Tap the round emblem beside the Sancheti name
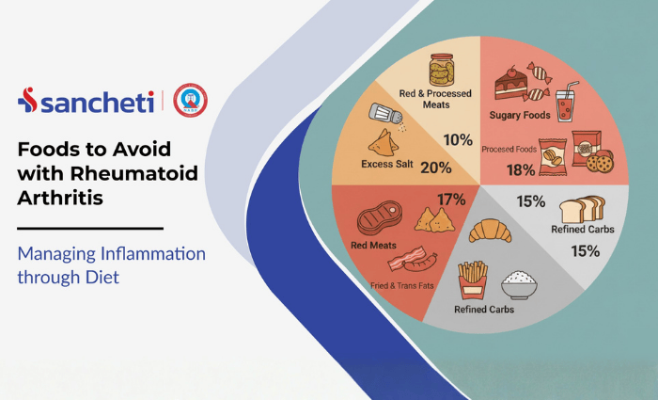click(x=191, y=101)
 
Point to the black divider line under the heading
click(x=90, y=228)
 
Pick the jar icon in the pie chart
click(x=442, y=72)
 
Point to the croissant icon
click(x=489, y=230)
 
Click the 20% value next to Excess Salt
click(x=435, y=168)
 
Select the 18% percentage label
click(x=521, y=170)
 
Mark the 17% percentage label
click(x=452, y=200)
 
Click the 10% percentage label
click(x=458, y=140)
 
